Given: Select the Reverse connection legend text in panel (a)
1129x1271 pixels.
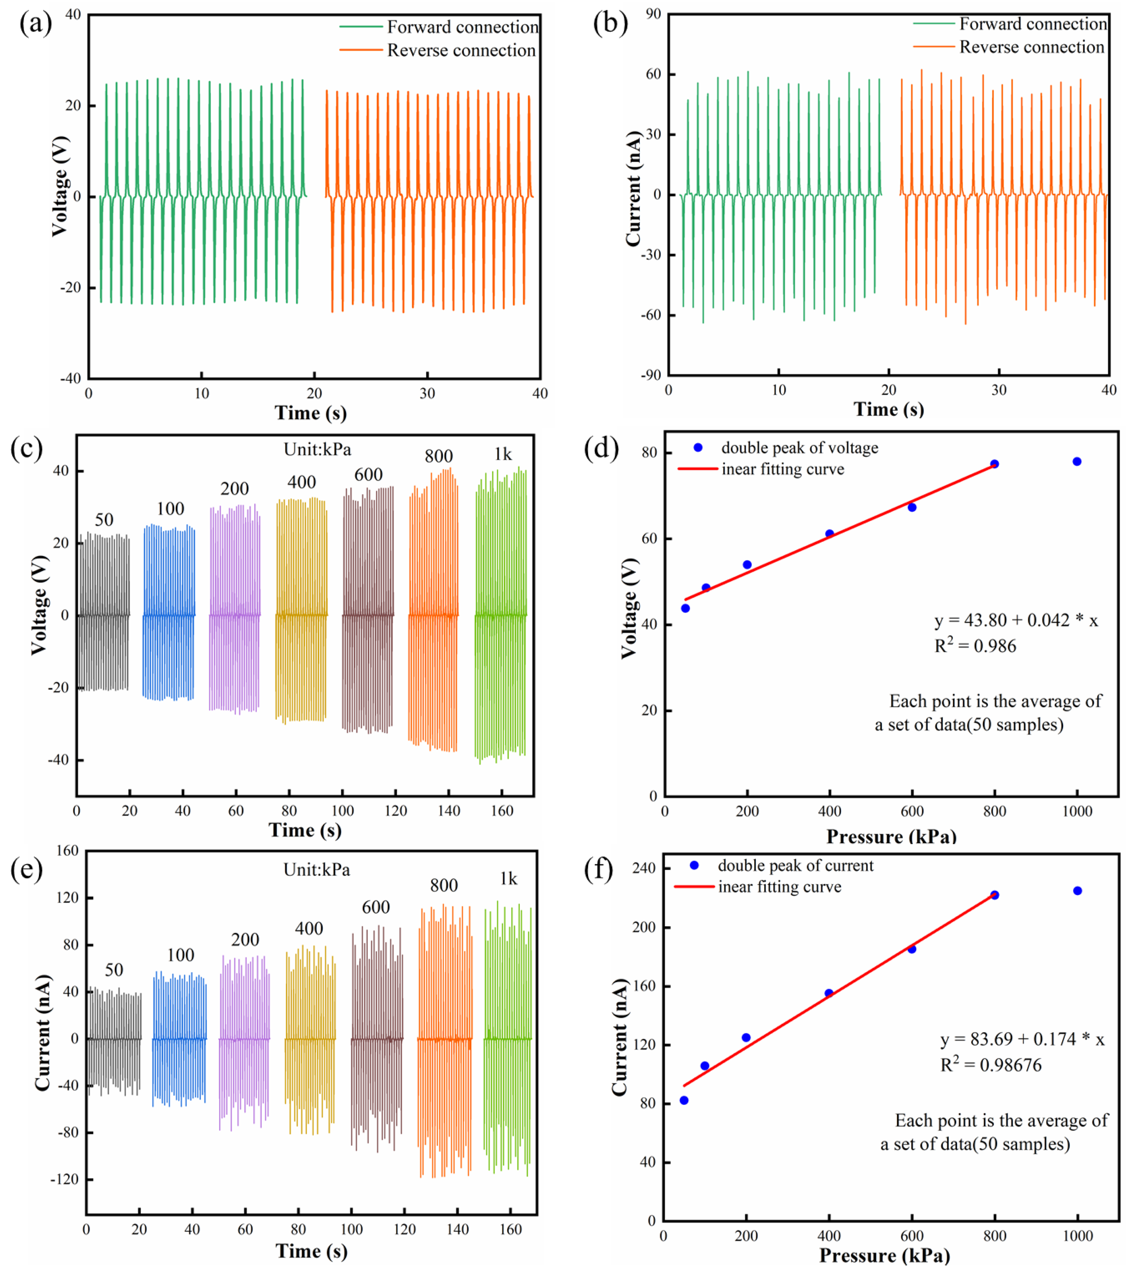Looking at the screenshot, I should [461, 50].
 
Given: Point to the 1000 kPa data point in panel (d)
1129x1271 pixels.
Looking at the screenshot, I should [1077, 462].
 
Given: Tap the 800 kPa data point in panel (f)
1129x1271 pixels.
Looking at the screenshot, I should [994, 895].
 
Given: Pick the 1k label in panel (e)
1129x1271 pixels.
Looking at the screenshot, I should [508, 879].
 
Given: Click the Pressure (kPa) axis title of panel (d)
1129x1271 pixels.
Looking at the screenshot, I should [891, 836].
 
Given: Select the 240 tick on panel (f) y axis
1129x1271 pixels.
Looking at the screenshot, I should [644, 868].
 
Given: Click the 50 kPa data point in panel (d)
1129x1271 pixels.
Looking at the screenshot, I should [685, 608].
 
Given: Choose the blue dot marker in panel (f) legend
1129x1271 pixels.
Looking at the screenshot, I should [695, 865].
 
